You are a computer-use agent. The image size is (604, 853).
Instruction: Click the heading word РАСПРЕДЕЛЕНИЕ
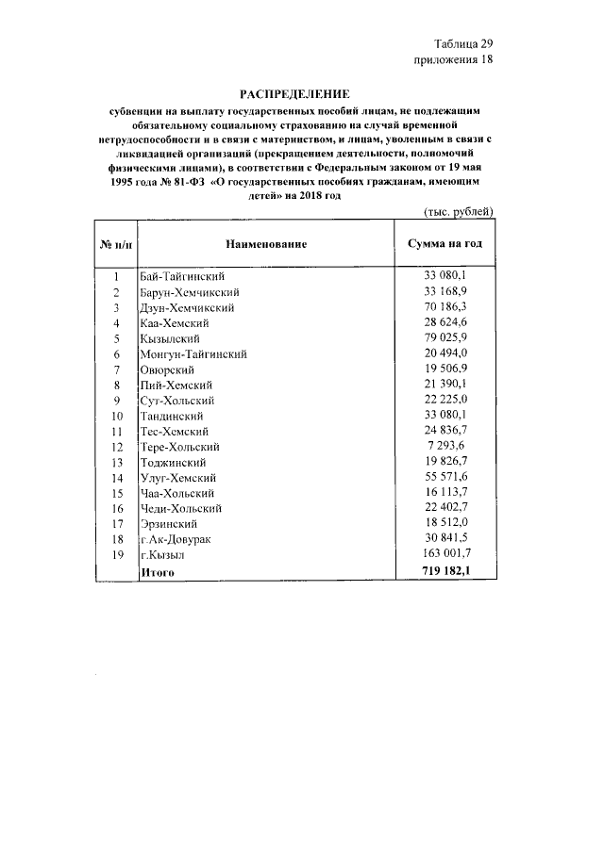tap(294, 94)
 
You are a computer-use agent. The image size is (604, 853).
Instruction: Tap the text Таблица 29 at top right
tap(463, 43)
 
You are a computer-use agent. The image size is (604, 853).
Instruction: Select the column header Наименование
tap(265, 244)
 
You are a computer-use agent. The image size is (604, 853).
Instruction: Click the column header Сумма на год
tap(445, 244)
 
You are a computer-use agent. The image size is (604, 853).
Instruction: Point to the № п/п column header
tap(116, 244)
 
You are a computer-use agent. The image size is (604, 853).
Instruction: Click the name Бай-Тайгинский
tap(182, 277)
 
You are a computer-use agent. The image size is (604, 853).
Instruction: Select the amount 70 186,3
tap(447, 307)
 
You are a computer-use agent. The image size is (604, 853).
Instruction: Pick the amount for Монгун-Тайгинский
tap(447, 353)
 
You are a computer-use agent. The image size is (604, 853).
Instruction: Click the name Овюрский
tap(168, 369)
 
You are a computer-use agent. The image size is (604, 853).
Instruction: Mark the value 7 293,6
tap(451, 446)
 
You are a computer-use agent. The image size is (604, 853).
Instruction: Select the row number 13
tap(117, 462)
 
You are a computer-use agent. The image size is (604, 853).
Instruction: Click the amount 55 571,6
tap(447, 478)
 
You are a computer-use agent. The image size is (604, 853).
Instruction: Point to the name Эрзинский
tap(170, 524)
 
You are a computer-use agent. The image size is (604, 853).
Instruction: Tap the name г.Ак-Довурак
tap(176, 539)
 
